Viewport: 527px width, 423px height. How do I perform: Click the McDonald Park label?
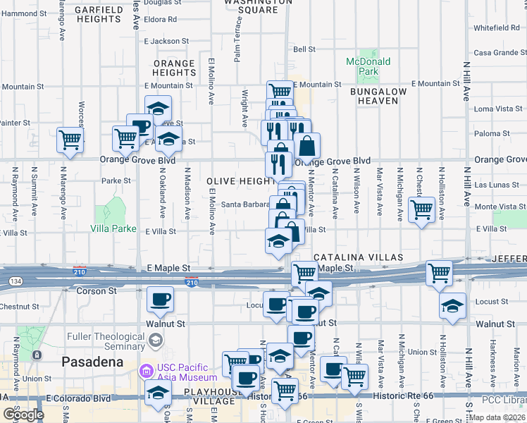368,66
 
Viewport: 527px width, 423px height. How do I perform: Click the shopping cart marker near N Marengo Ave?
70,139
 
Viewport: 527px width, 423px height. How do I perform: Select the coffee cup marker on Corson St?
160,299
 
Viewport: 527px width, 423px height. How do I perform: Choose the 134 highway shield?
14,281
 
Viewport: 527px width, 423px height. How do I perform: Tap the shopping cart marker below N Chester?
421,209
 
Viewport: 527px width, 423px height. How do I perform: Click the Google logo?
23,415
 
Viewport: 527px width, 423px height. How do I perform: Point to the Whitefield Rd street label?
496,28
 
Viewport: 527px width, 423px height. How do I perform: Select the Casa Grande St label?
500,53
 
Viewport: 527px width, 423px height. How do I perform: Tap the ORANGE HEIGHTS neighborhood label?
174,68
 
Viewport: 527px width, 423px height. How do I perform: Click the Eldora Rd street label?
161,19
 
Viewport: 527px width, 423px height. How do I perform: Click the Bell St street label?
304,49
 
